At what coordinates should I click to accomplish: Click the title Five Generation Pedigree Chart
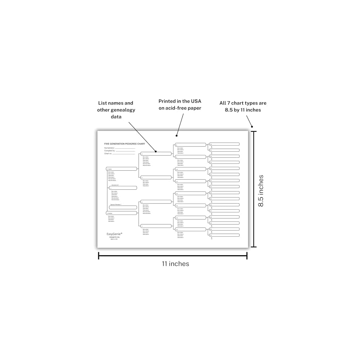pyautogui.click(x=120, y=143)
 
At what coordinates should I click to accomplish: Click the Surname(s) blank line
pyautogui.click(x=125, y=148)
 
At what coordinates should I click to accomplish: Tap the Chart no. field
pyautogui.click(x=124, y=154)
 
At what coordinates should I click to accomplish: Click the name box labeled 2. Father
pyautogui.click(x=122, y=169)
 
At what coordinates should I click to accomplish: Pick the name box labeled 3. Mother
pyautogui.click(x=122, y=213)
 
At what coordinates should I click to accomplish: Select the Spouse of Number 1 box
pyautogui.click(x=123, y=207)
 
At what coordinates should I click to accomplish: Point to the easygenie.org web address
pyautogui.click(x=114, y=237)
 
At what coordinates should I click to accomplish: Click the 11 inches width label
pyautogui.click(x=175, y=264)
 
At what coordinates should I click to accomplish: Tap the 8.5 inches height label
pyautogui.click(x=261, y=191)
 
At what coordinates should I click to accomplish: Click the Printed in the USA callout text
pyautogui.click(x=180, y=105)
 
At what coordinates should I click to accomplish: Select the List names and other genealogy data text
pyautogui.click(x=116, y=110)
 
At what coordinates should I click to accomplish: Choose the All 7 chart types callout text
pyautogui.click(x=243, y=106)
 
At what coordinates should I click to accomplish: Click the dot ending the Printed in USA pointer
pyautogui.click(x=176, y=136)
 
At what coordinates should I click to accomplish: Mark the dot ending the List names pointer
pyautogui.click(x=156, y=152)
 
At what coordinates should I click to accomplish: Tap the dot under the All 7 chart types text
pyautogui.click(x=252, y=126)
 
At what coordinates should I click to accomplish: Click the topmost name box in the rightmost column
pyautogui.click(x=225, y=144)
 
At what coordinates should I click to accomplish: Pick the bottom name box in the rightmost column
pyautogui.click(x=225, y=235)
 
